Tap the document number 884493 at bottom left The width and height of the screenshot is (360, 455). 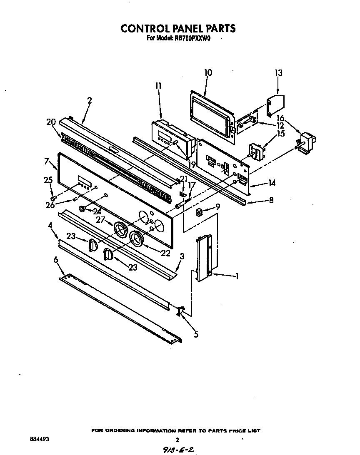pos(38,439)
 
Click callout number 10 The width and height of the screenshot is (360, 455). pos(208,73)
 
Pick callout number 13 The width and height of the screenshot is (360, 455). pos(278,73)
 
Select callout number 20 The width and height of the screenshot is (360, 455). pos(51,122)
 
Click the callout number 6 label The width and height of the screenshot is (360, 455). pos(56,260)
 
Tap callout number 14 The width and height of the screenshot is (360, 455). pos(272,182)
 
